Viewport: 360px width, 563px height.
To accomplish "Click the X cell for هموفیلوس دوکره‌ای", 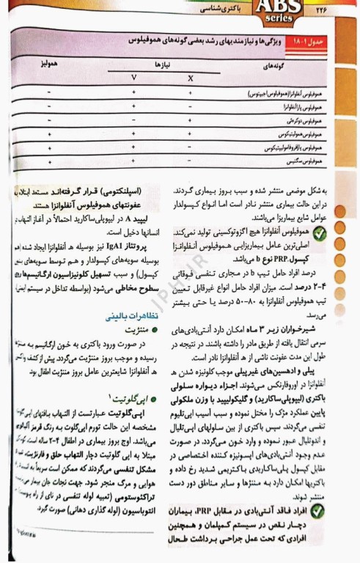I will coord(191,119).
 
